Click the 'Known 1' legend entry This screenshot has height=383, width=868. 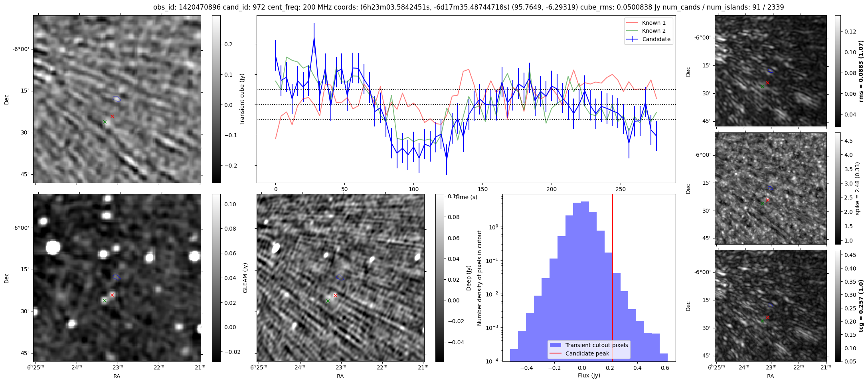click(x=653, y=23)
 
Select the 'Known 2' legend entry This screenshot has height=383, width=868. click(x=653, y=31)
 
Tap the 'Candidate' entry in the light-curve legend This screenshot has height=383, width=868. click(x=656, y=39)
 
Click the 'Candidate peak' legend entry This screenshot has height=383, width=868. click(x=587, y=353)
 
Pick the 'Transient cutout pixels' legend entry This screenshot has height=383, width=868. click(x=596, y=345)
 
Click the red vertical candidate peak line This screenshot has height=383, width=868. click(x=613, y=279)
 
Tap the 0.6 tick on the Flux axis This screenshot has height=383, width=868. click(x=665, y=367)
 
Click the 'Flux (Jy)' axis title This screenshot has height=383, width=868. click(x=589, y=375)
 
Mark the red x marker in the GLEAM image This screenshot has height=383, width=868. click(x=112, y=295)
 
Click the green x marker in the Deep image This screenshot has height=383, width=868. click(x=328, y=301)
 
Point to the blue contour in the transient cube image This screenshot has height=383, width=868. click(x=117, y=99)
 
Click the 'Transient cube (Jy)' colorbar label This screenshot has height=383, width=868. click(x=242, y=99)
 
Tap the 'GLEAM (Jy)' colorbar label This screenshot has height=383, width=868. click(x=245, y=278)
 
